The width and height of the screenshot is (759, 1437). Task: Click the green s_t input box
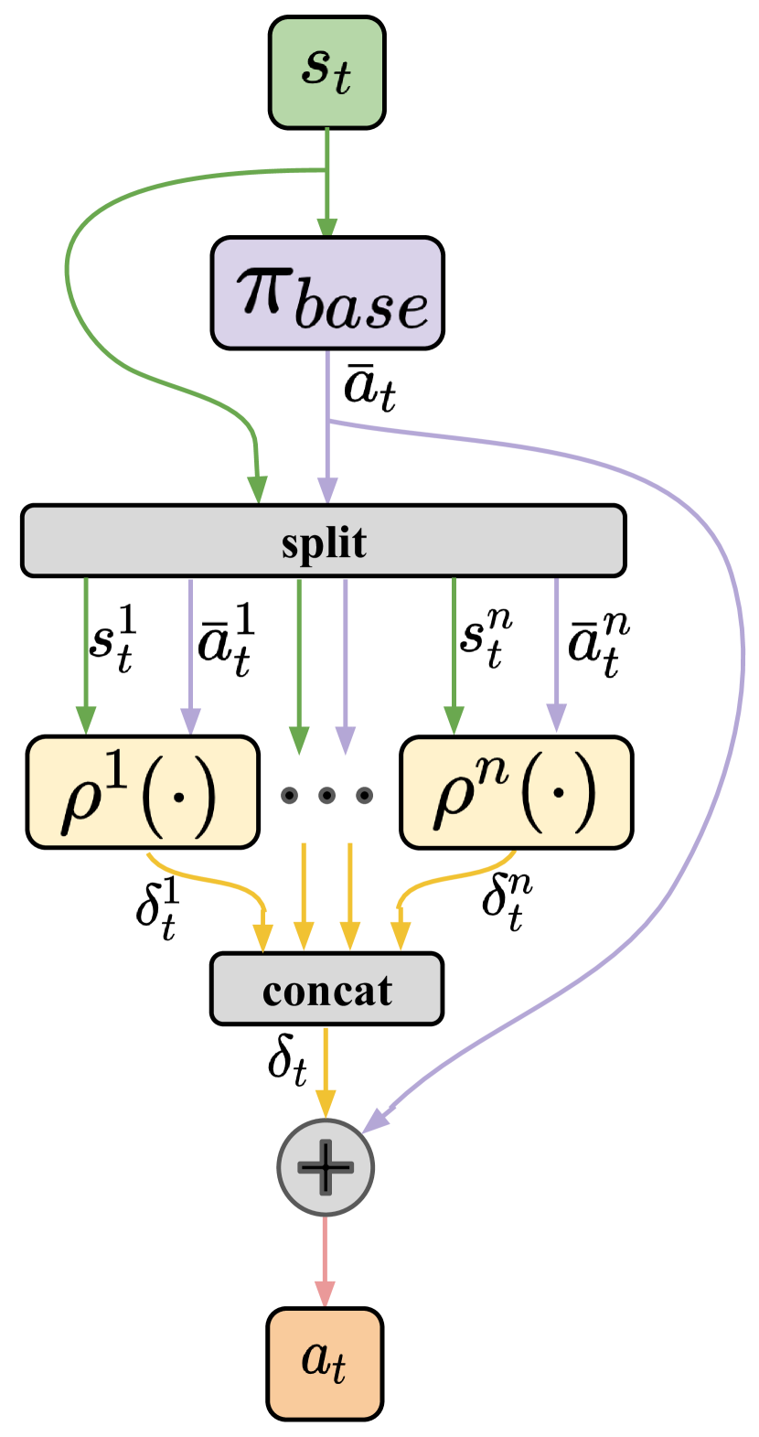tap(326, 72)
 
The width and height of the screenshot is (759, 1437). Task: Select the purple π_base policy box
tap(327, 294)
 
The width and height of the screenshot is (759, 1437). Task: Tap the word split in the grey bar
tap(324, 542)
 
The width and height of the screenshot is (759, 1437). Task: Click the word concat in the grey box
tap(326, 990)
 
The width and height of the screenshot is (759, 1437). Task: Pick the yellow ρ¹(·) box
tap(143, 792)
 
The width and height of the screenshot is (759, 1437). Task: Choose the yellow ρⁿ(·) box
tap(516, 792)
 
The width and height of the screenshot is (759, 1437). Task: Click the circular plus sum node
tap(326, 1167)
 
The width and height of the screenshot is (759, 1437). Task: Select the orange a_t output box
tap(325, 1363)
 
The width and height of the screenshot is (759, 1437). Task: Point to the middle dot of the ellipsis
tap(326, 795)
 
